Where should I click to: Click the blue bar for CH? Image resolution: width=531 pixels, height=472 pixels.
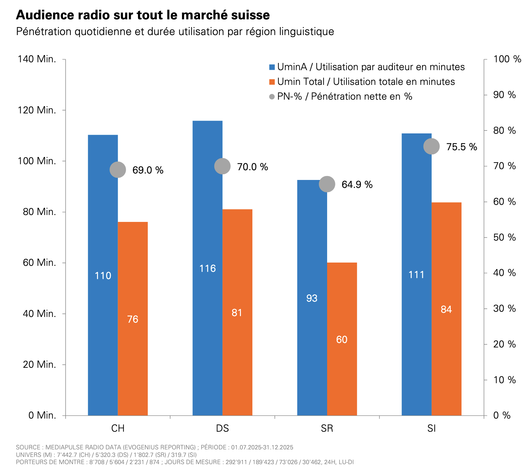pyautogui.click(x=103, y=275)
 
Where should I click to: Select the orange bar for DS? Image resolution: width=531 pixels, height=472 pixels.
pyautogui.click(x=237, y=312)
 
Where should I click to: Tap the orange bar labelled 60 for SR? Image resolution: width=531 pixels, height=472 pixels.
pyautogui.click(x=342, y=339)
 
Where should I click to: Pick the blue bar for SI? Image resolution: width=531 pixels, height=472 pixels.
pyautogui.click(x=417, y=274)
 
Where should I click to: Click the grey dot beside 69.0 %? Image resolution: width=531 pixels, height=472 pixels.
pyautogui.click(x=118, y=170)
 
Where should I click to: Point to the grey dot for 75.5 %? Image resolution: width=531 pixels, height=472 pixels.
pyautogui.click(x=431, y=146)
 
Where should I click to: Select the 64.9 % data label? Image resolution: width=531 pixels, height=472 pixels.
pyautogui.click(x=357, y=185)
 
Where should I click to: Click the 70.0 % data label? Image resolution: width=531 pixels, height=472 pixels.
pyautogui.click(x=252, y=167)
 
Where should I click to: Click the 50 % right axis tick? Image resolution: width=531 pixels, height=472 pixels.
pyautogui.click(x=504, y=237)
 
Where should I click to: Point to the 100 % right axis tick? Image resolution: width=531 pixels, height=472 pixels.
pyautogui.click(x=507, y=59)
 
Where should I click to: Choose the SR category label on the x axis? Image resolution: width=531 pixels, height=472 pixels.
pyautogui.click(x=327, y=428)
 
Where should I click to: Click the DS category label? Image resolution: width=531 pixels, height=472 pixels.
pyautogui.click(x=223, y=428)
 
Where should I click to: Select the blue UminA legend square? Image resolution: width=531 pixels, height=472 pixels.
pyautogui.click(x=272, y=67)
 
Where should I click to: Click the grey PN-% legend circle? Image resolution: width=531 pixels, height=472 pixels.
pyautogui.click(x=272, y=97)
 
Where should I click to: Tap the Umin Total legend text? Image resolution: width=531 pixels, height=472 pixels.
pyautogui.click(x=366, y=82)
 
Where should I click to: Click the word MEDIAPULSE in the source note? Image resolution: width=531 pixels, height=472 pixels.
pyautogui.click(x=64, y=447)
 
